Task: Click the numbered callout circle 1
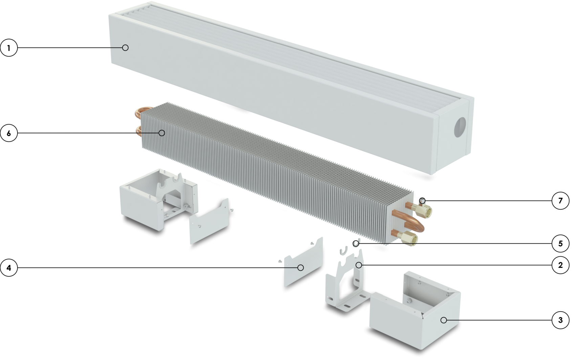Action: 9,48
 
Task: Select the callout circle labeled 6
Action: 9,133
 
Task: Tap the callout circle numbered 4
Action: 9,268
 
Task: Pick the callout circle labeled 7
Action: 560,201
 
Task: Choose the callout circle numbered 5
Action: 560,243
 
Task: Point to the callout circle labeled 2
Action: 560,265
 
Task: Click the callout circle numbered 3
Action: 560,320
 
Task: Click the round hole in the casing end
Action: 460,127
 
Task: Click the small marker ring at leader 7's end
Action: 422,200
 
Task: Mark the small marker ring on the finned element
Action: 162,133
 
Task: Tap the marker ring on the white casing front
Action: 125,47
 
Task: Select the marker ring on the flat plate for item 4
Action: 301,268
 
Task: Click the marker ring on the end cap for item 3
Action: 444,320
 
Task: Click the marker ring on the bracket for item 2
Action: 359,265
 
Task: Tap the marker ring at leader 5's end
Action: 356,243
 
